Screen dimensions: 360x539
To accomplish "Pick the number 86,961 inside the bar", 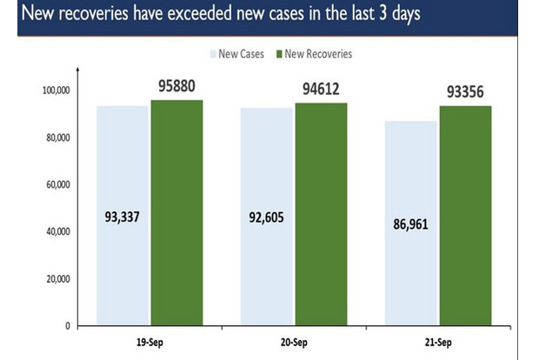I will tap(411, 224).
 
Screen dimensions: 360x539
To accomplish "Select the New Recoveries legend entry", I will tap(312, 54).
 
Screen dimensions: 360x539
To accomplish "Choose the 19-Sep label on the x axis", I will tap(150, 342).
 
